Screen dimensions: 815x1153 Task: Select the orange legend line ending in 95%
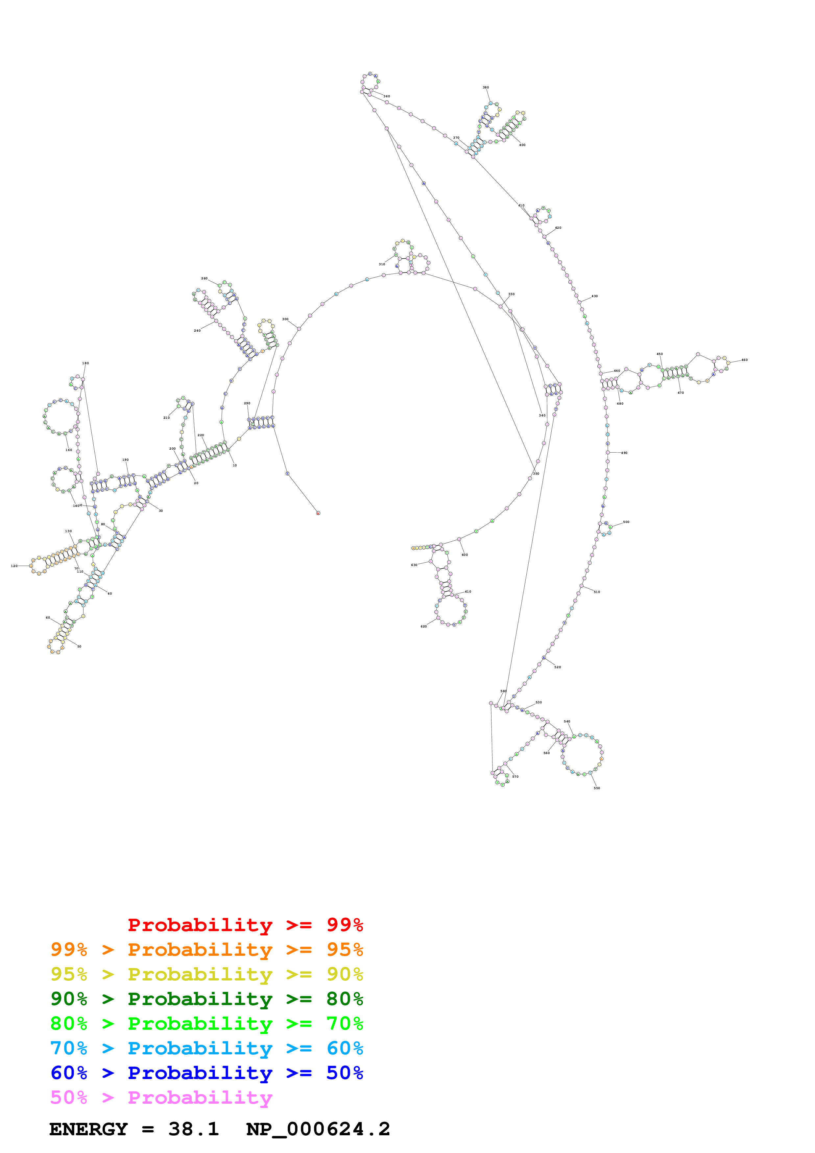click(x=206, y=950)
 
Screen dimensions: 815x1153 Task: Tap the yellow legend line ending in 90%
click(x=206, y=974)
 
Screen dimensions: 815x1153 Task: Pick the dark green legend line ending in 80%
click(x=206, y=999)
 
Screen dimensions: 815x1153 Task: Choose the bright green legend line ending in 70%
click(x=206, y=1024)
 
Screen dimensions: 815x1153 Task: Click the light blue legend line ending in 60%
click(x=206, y=1048)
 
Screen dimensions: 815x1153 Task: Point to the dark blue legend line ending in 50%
click(x=206, y=1073)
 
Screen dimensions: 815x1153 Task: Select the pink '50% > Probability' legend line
click(x=161, y=1097)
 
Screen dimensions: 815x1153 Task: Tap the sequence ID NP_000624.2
click(x=318, y=1129)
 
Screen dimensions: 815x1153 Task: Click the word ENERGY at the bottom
click(x=88, y=1129)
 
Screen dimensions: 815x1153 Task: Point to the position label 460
click(x=744, y=360)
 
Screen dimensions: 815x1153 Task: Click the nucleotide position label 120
click(x=14, y=566)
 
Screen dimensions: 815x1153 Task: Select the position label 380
click(x=486, y=87)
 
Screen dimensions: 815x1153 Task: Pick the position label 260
click(x=204, y=278)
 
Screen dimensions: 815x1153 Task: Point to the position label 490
click(x=624, y=453)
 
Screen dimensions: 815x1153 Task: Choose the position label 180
click(x=85, y=363)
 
